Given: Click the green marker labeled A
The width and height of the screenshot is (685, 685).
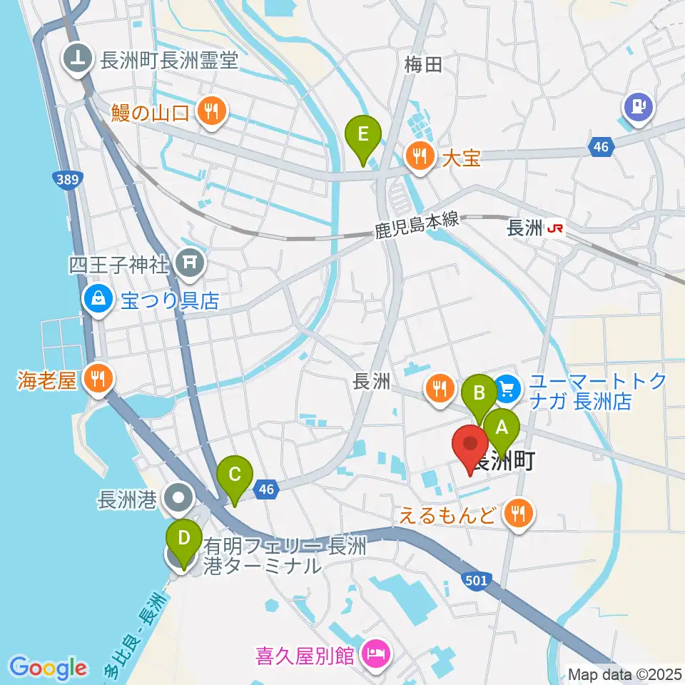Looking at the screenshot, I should point(502,428).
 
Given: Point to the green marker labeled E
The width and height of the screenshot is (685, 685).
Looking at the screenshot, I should point(362,133).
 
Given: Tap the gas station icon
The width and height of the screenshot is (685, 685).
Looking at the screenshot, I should point(636,107).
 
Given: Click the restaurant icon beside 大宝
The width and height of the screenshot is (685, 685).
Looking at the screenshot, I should point(420,154).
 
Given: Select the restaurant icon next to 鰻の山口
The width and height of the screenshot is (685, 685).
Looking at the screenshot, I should point(211,111).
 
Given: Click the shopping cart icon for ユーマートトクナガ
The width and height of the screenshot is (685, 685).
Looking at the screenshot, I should point(507,389).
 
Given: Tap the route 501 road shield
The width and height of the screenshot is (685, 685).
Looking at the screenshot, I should point(477,580).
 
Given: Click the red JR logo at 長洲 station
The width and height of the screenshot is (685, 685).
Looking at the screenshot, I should point(554,229).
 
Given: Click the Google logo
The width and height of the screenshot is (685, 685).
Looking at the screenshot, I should point(48,669).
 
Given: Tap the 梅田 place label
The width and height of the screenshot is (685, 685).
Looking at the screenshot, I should point(423,65).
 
